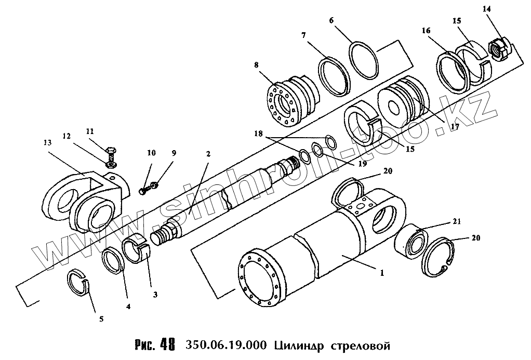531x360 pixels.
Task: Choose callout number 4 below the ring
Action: click(x=128, y=306)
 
